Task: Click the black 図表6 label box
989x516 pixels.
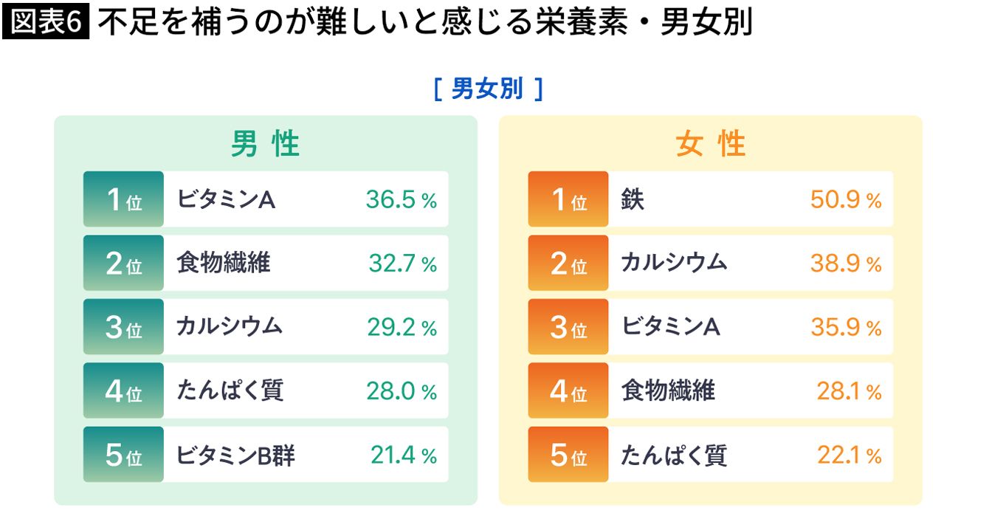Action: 46,21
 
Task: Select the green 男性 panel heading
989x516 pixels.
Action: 266,143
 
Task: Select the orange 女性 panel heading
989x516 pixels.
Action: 711,143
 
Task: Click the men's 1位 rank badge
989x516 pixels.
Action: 124,199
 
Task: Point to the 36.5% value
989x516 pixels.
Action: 402,199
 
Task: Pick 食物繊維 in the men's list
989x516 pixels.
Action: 224,262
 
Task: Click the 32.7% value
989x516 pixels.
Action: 403,264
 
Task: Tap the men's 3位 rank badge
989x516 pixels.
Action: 124,326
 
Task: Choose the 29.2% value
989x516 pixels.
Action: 402,327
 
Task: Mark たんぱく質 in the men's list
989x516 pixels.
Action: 230,390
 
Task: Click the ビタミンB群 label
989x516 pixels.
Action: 235,455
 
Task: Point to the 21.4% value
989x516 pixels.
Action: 404,455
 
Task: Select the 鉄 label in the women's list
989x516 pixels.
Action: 633,199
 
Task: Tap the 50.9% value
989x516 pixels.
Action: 846,199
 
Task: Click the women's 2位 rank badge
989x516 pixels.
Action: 568,263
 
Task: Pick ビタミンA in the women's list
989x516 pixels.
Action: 671,326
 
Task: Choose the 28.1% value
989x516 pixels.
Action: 849,391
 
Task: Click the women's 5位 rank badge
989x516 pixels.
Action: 568,454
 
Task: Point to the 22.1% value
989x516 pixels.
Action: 850,455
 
